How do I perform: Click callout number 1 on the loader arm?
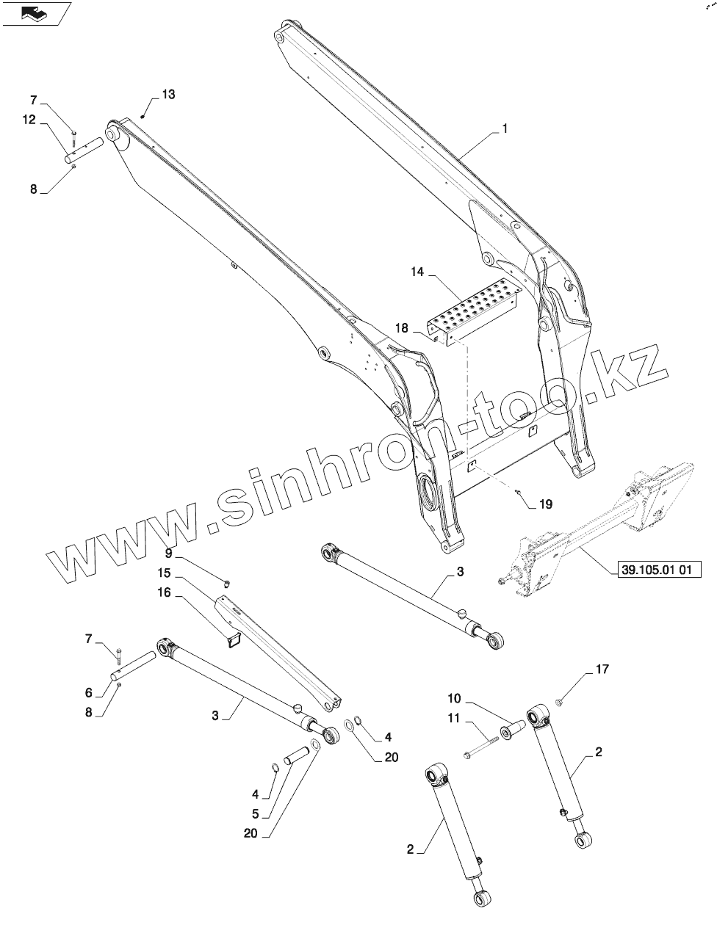(x=505, y=128)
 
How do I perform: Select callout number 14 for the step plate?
(x=417, y=272)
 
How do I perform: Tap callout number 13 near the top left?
(x=168, y=94)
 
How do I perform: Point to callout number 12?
(x=29, y=120)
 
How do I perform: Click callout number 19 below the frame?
(x=544, y=504)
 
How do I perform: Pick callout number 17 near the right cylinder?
(x=602, y=669)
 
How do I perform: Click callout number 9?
(x=168, y=552)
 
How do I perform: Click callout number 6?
(x=88, y=692)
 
